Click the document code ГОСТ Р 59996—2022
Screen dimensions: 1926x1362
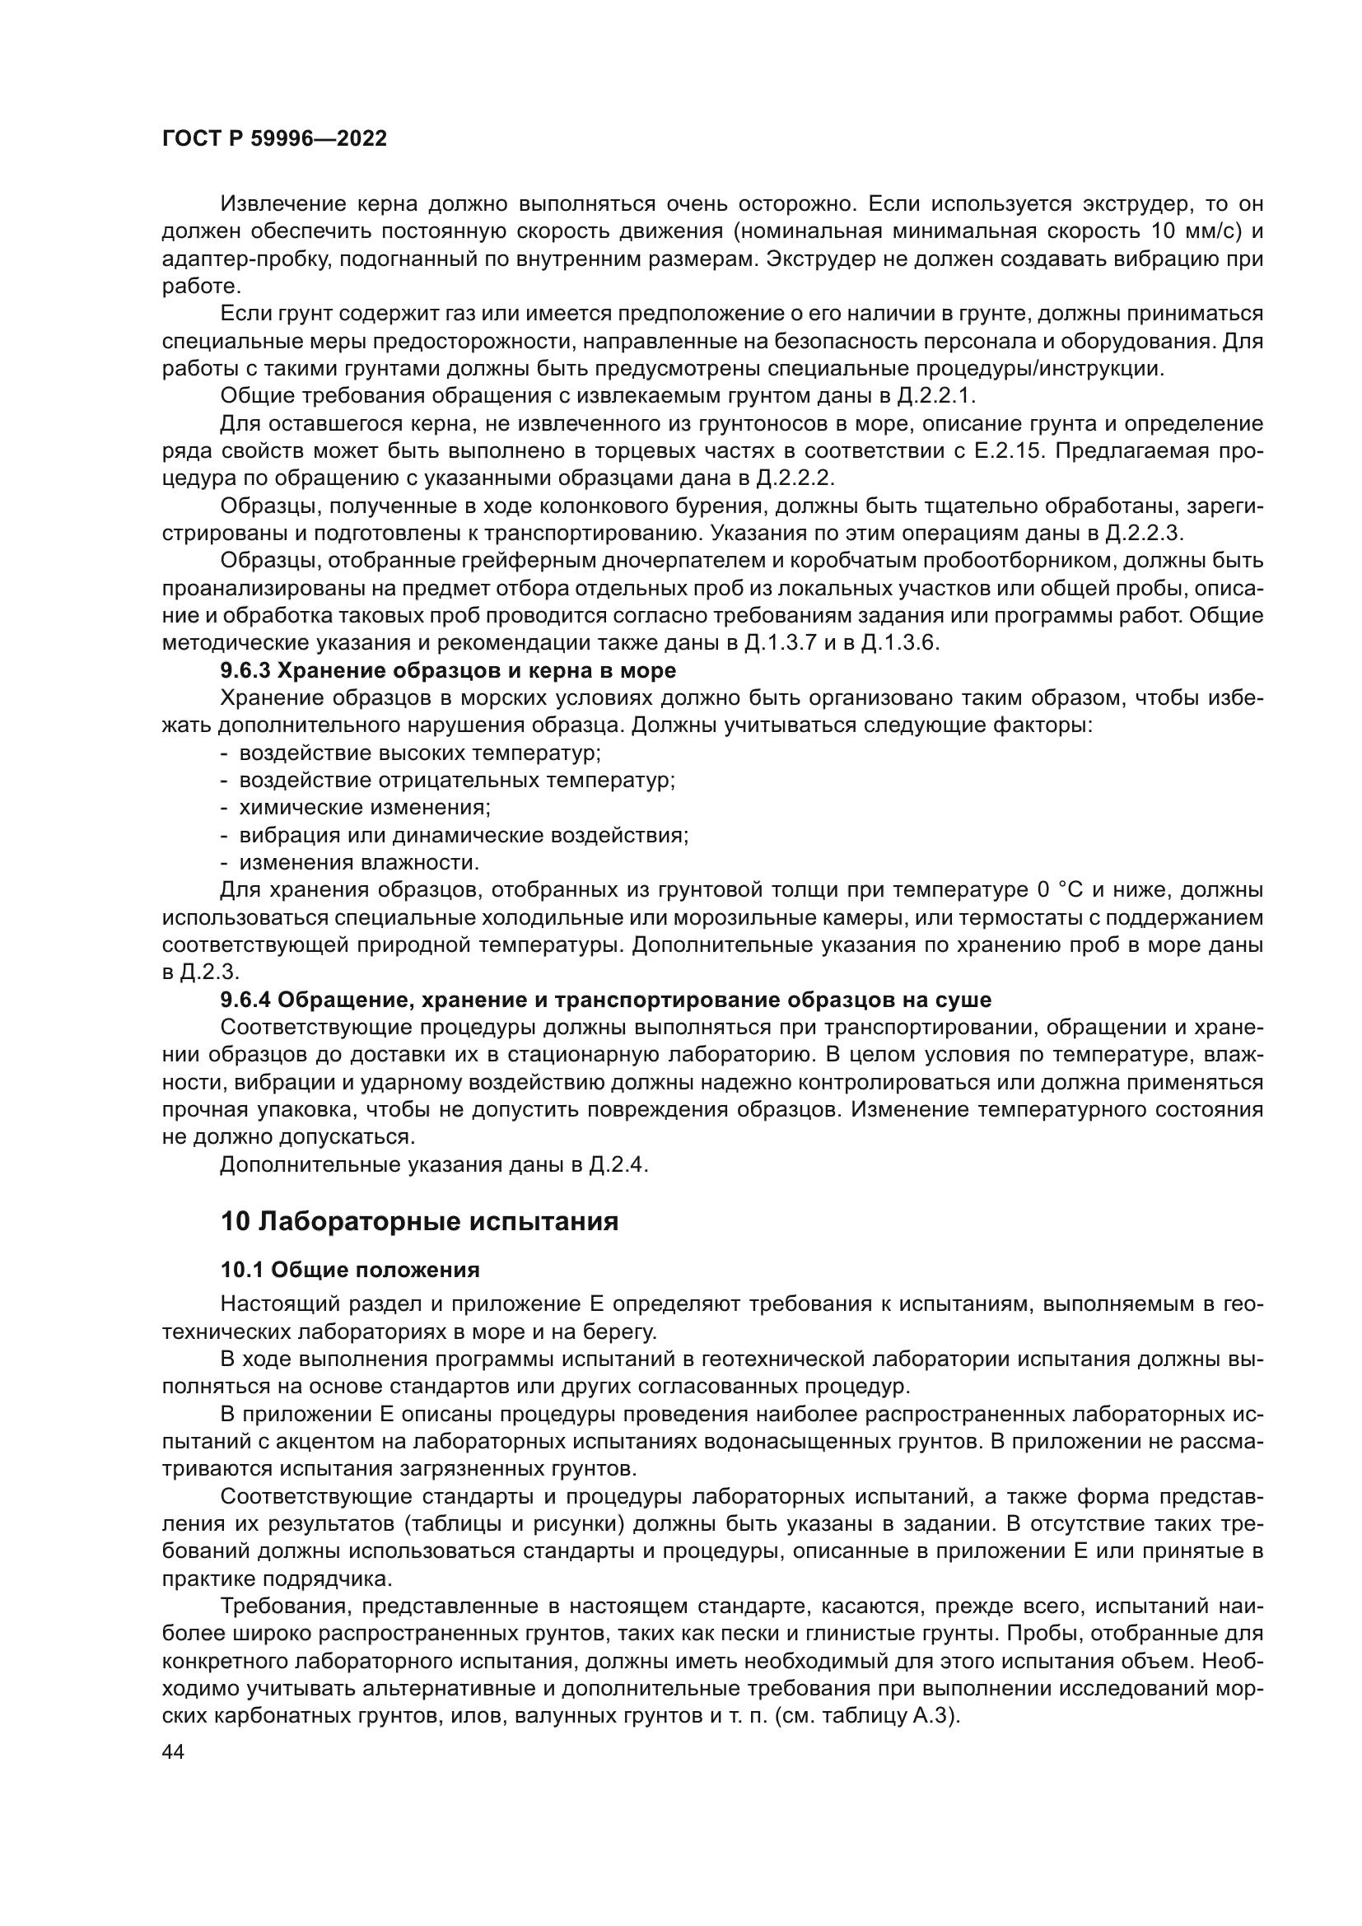(x=274, y=139)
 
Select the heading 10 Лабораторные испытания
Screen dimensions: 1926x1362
(x=419, y=1221)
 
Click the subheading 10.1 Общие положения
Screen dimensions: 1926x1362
(x=350, y=1270)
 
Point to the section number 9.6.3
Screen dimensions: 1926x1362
(x=245, y=671)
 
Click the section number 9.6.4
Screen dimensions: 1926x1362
(x=245, y=1000)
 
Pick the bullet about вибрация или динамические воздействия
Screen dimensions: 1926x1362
(x=464, y=836)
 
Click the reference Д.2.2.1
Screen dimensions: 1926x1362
(x=931, y=396)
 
